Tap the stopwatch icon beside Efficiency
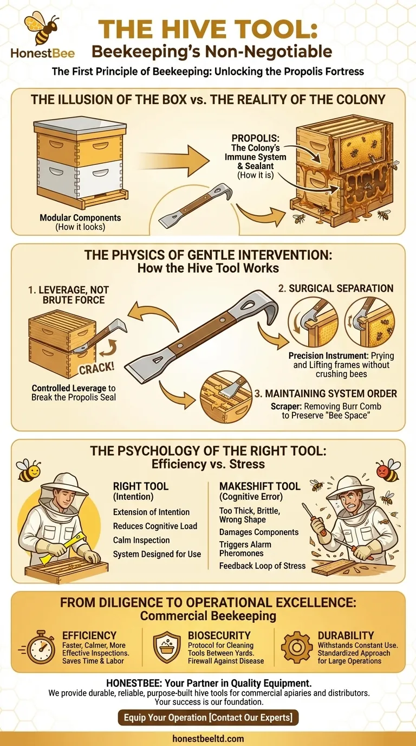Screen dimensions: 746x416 (39, 646)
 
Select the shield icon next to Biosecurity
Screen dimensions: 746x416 (167, 646)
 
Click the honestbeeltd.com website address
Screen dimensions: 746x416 (208, 738)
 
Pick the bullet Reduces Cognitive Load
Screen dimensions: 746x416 (155, 526)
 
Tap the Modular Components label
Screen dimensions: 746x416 (80, 217)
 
